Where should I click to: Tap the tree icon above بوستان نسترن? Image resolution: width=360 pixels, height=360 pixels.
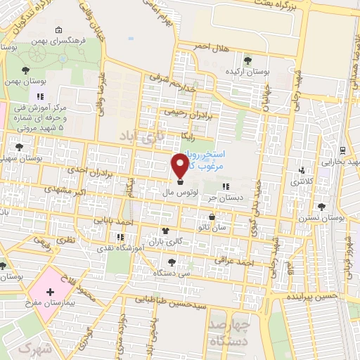pyautogui.click(x=322, y=206)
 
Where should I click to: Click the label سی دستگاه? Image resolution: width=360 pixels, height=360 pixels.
pyautogui.click(x=174, y=271)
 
